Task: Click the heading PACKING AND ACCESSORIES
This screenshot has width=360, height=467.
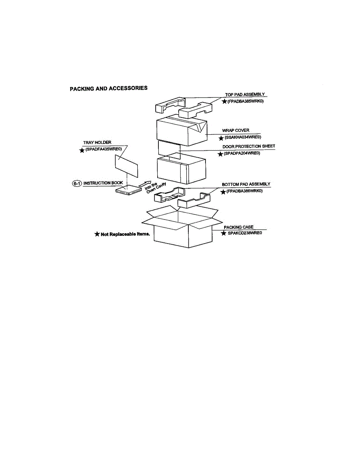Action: (109, 88)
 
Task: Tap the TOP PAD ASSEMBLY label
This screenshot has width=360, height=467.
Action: (245, 95)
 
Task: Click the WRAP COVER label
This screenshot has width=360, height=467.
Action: (235, 130)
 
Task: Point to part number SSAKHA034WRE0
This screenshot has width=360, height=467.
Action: (242, 137)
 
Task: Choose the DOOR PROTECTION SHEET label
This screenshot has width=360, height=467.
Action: (249, 146)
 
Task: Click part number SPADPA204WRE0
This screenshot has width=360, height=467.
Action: (241, 153)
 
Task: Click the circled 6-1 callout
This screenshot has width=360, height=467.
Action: (77, 183)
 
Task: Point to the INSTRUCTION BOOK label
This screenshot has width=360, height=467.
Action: (104, 183)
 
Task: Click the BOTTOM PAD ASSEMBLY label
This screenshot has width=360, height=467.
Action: (246, 184)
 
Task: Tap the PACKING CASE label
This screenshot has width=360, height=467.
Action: (239, 227)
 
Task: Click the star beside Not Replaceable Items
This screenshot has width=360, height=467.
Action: (97, 234)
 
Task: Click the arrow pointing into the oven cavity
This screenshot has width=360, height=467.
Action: (144, 183)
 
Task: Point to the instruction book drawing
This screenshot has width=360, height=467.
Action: (127, 190)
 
